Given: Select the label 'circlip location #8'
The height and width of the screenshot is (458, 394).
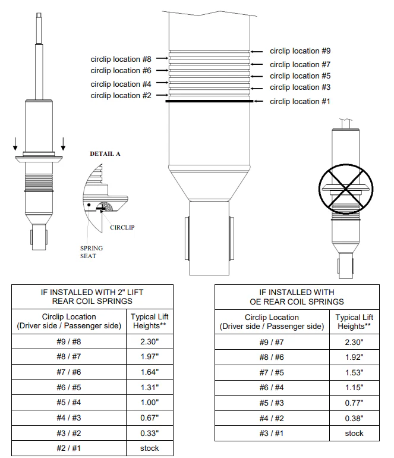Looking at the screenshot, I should coord(121,59).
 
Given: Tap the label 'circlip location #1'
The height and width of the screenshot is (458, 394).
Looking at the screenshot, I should coord(300,102).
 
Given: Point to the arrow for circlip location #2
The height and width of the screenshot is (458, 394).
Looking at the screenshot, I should coord(160,96).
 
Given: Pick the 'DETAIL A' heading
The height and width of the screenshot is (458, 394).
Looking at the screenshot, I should coord(105,153).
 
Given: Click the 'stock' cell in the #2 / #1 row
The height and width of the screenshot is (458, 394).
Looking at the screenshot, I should coord(150,447).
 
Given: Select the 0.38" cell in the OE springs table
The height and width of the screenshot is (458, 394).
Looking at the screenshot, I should coord(354,418).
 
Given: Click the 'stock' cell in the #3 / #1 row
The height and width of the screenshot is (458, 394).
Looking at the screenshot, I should coord(354,433).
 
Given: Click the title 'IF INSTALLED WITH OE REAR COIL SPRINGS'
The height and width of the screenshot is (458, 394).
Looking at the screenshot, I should coord(297,297).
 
